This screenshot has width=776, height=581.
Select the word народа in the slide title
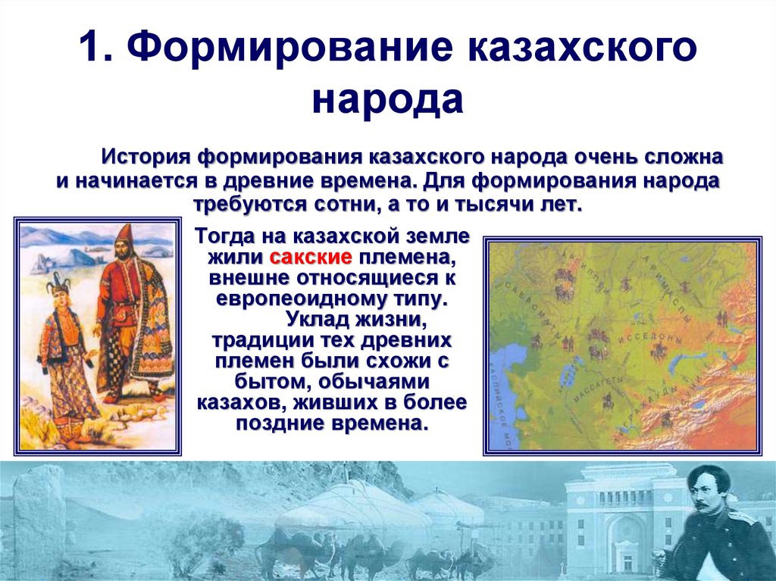tap(387, 100)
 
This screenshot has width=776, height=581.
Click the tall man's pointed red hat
tap(124, 234)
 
